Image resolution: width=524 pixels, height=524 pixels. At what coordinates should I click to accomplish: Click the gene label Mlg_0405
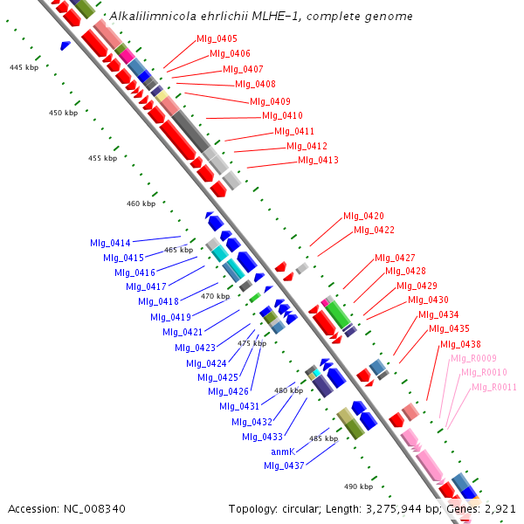(217, 38)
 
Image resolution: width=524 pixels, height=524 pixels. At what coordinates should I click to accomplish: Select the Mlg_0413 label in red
(318, 161)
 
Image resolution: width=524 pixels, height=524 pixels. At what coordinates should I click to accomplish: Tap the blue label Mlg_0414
(110, 243)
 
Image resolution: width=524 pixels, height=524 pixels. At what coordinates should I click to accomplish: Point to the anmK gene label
(282, 452)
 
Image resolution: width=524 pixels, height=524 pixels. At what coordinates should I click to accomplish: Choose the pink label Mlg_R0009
(473, 358)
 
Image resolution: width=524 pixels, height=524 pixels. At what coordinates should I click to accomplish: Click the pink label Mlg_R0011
(494, 387)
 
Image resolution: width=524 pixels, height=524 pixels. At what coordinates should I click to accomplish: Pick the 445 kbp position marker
(24, 67)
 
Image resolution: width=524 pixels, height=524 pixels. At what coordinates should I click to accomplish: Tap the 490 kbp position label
(358, 486)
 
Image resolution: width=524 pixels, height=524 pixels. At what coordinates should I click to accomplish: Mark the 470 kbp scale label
(215, 296)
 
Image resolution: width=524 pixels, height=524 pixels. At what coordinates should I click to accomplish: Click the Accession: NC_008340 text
(66, 508)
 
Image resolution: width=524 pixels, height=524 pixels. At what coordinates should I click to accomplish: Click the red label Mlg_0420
(363, 216)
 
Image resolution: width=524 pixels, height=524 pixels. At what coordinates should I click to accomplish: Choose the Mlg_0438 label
(460, 344)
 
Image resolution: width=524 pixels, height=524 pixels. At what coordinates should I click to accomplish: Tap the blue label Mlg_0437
(284, 465)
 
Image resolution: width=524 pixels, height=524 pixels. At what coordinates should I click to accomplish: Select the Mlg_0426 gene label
(229, 391)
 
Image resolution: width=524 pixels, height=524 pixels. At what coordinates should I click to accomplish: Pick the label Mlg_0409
(270, 101)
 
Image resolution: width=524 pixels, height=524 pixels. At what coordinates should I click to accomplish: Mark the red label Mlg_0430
(428, 300)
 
